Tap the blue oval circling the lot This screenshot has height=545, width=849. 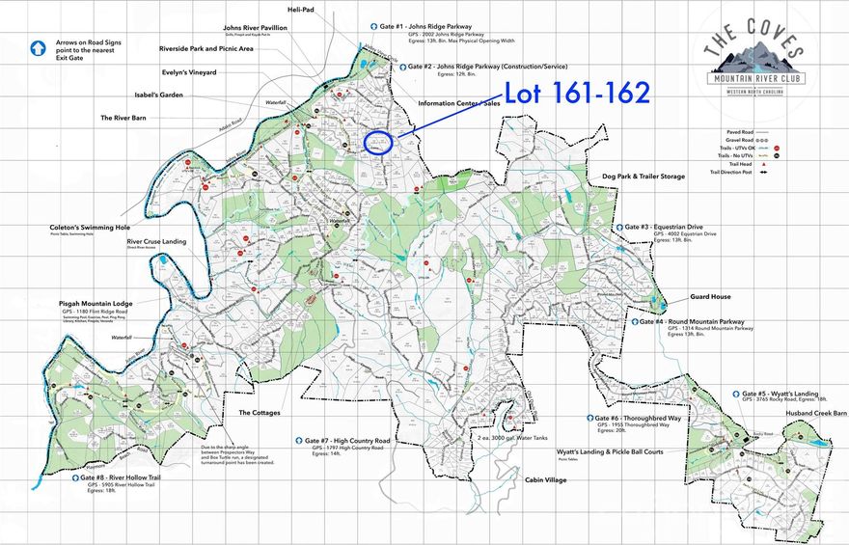coord(378,143)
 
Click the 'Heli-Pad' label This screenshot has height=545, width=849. coord(302,9)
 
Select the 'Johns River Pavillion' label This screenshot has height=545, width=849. coord(255,28)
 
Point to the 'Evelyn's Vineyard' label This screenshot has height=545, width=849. coord(189,72)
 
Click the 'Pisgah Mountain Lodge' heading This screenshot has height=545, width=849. coord(90,303)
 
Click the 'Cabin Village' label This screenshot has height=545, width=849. coord(533,479)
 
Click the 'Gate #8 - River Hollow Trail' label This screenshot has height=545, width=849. coord(123,477)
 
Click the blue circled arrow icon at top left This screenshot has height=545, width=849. coord(39,46)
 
